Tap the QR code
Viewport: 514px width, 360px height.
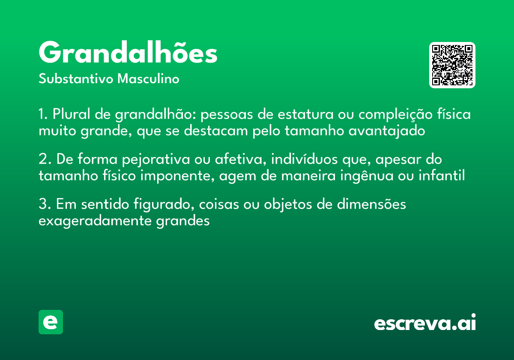(x=452, y=65)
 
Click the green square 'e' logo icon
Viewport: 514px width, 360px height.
(x=51, y=322)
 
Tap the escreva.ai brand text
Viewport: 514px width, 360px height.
(x=424, y=323)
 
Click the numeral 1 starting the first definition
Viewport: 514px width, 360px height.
(x=42, y=115)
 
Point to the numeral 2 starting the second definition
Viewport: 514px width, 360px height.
(x=42, y=159)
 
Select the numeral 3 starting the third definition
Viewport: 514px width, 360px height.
(x=42, y=204)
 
